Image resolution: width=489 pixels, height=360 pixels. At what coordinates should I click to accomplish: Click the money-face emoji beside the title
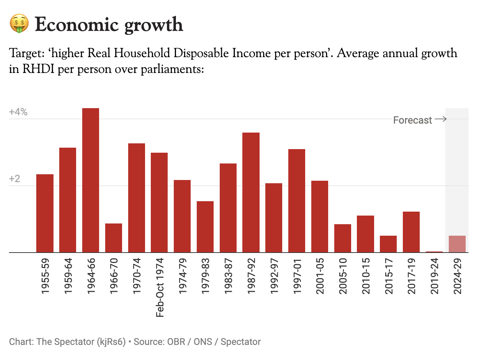19,24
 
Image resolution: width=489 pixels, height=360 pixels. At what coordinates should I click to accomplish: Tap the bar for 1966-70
113,238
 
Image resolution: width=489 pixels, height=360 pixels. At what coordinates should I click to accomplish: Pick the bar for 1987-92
251,193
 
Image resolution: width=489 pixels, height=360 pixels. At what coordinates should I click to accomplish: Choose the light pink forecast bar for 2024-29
457,244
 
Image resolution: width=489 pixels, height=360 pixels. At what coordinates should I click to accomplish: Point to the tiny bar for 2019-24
434,251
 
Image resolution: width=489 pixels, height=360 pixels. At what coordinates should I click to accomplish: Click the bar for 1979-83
205,227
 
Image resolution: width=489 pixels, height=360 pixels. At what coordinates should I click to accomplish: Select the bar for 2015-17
388,244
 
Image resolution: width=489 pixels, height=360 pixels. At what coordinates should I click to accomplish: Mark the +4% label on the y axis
18,112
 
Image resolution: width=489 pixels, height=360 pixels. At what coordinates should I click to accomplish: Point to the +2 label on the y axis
15,179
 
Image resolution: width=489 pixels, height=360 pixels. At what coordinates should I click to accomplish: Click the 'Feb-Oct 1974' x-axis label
160,287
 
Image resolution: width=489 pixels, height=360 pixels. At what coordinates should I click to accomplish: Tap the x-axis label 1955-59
45,276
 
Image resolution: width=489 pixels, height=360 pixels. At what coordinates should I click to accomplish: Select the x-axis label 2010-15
366,276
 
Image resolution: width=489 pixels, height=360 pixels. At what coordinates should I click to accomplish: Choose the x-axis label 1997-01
297,276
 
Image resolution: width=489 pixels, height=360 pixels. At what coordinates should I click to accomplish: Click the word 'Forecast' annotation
413,120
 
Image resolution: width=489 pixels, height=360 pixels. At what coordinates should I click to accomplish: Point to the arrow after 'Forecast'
441,119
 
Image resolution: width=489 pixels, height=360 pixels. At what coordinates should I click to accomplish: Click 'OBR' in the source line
176,342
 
